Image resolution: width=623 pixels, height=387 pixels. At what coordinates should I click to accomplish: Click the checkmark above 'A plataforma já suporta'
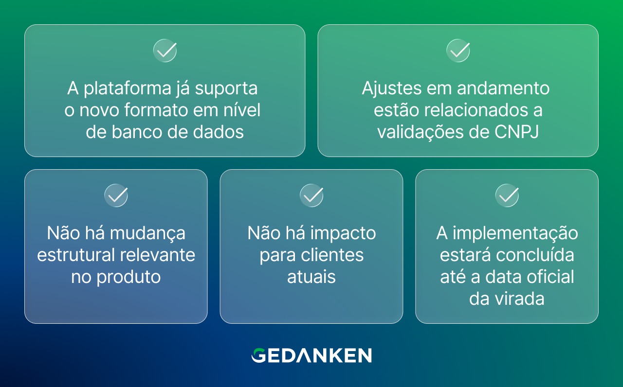click(165, 51)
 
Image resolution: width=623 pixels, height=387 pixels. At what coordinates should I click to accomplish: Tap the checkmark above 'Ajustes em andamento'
click(458, 51)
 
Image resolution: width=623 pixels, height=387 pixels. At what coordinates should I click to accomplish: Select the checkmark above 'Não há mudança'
click(116, 195)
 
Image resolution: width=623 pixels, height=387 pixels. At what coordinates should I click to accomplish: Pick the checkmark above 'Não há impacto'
click(311, 195)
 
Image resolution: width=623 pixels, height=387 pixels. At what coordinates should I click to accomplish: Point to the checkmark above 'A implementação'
click(507, 195)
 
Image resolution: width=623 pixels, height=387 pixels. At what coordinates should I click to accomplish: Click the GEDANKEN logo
click(311, 355)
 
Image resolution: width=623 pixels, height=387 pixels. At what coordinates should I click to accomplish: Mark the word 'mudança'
click(147, 233)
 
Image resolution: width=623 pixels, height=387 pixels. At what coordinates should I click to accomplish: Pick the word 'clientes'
click(332, 255)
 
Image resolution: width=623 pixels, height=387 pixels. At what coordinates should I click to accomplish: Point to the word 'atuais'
click(311, 277)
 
